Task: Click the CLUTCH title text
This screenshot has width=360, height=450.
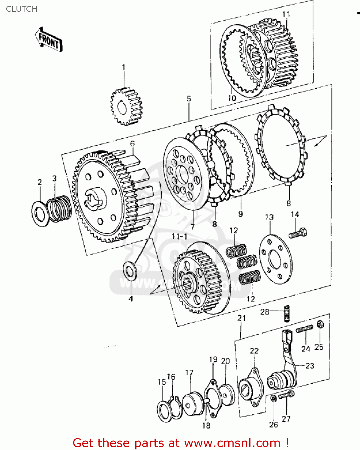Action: pos(22,9)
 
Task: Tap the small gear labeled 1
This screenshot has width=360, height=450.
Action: pos(126,107)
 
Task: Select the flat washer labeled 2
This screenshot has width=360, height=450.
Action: pos(40,213)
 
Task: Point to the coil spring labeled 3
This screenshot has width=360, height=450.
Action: pos(60,209)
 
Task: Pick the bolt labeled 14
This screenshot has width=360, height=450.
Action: pos(298,233)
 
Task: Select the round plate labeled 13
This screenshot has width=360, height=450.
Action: pos(275,259)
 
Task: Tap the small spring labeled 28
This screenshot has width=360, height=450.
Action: pos(287,313)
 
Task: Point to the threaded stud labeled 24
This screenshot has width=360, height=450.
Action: pos(304,329)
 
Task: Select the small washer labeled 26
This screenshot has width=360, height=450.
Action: pos(273,399)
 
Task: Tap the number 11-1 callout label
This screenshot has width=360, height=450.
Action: pos(179,237)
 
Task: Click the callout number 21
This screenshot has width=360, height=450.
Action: pos(241,318)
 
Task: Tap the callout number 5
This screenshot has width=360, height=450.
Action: pos(189,99)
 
